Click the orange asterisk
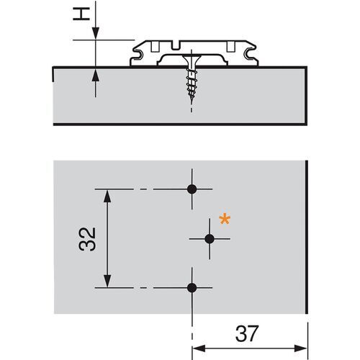pos(225,220)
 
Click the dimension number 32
pos(87,239)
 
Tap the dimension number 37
pos(247,333)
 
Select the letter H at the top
pos(81,14)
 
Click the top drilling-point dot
pos(192,189)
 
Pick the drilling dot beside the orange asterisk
pos(210,239)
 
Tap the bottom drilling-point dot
pos(192,287)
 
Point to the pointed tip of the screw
pos(192,103)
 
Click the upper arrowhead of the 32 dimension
pos(107,196)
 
